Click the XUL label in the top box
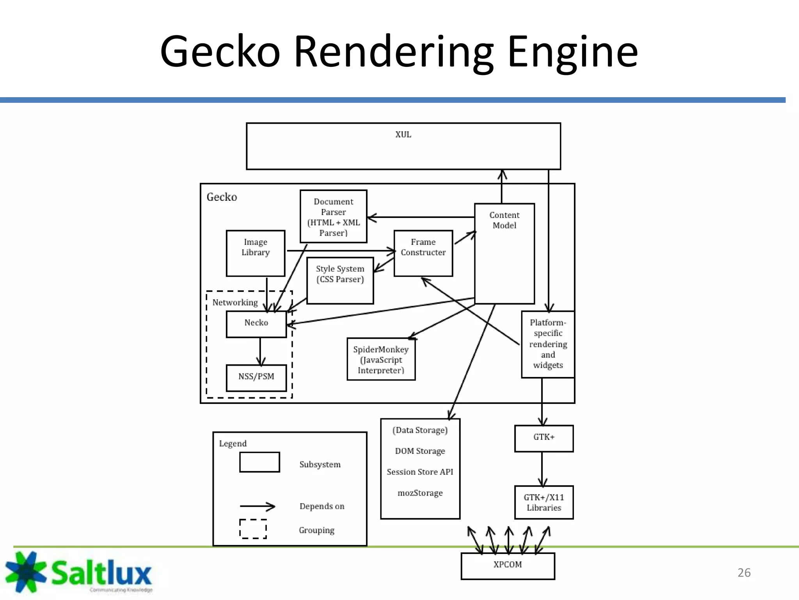403,134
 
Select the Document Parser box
333,217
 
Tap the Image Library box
256,253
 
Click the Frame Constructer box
423,253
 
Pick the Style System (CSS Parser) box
340,280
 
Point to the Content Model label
504,220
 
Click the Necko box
256,324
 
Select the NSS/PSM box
256,377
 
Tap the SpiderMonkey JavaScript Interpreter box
381,359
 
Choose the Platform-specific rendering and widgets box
548,344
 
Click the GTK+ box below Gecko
543,438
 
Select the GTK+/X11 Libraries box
543,502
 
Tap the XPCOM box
507,565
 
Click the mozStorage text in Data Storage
420,493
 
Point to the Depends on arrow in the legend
257,507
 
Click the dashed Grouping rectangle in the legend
253,529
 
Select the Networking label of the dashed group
235,303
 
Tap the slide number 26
744,573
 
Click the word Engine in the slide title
572,52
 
